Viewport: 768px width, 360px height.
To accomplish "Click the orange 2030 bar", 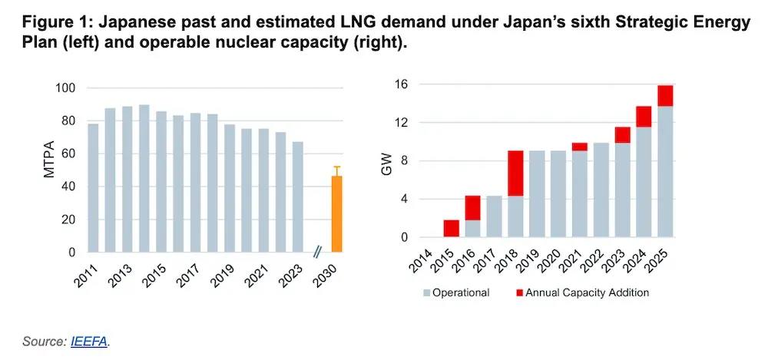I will tap(336, 214).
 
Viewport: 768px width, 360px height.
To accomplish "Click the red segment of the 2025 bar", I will tap(665, 96).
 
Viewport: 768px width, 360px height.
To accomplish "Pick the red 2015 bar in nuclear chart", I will tap(452, 228).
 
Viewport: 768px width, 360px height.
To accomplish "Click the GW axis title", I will tap(389, 166).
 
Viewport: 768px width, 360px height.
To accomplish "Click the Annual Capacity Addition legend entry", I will tap(581, 292).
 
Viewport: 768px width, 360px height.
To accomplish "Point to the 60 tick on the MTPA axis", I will tap(69, 154).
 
